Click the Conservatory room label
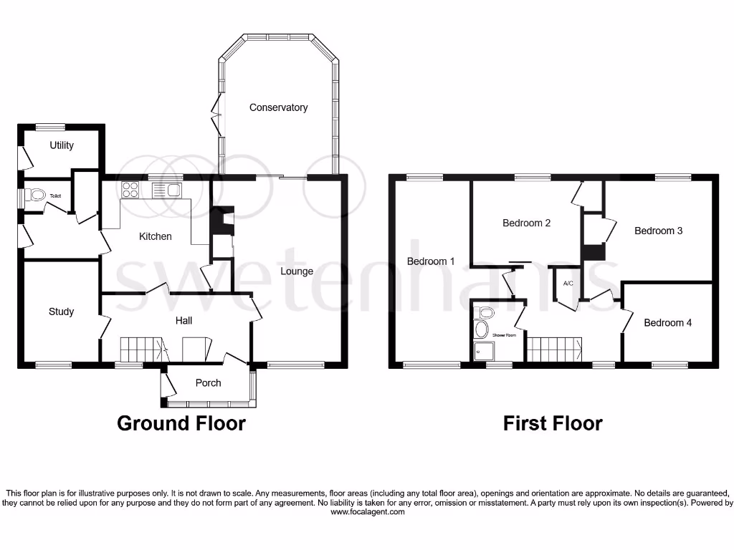coord(278,107)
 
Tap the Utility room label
coord(62,145)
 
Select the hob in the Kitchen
coord(130,190)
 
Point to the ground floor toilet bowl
coord(36,194)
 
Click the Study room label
coord(61,312)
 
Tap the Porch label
coord(209,382)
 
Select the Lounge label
coord(297,271)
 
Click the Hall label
coord(184,320)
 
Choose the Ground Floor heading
coord(181,423)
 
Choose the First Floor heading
coord(553,423)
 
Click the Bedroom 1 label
coord(431,261)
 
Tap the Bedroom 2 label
coord(527,223)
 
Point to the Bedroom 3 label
coord(658,231)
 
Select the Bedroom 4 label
coord(667,322)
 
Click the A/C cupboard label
coord(568,284)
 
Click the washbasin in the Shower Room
coord(481,329)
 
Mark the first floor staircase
coord(555,349)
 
